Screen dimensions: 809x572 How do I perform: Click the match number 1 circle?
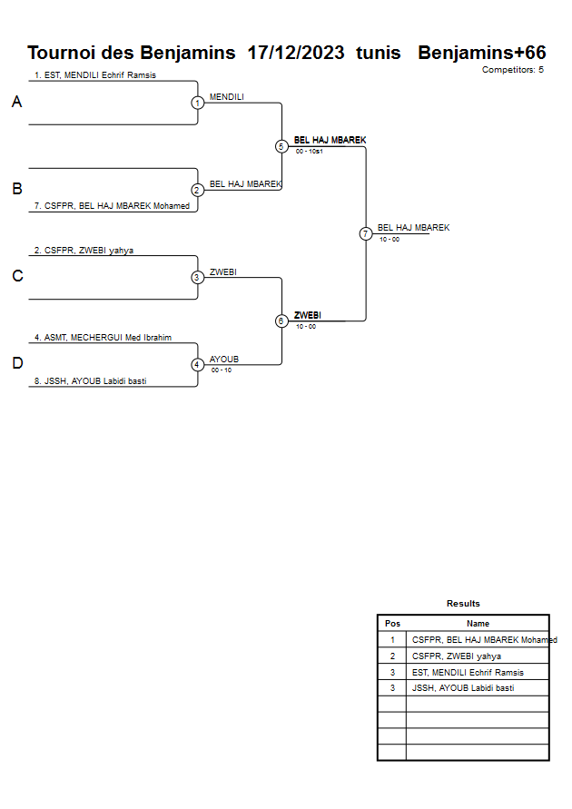pos(197,103)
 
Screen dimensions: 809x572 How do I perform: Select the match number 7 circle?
pos(366,233)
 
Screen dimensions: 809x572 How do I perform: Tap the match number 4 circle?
pos(197,365)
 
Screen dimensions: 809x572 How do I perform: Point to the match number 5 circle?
pos(281,146)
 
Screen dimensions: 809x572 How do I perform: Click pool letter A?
pos(16,103)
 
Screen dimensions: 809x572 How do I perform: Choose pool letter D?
pos(16,364)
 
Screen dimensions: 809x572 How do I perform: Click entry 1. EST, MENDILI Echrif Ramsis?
pos(95,75)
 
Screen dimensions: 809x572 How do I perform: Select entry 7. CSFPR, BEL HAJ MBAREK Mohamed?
pos(112,206)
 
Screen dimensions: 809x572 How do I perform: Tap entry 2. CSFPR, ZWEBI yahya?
pos(84,251)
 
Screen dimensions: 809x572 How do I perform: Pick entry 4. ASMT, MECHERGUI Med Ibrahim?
pos(103,338)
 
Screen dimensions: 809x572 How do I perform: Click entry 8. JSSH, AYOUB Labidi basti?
pos(90,381)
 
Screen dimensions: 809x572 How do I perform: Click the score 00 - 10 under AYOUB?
pos(221,370)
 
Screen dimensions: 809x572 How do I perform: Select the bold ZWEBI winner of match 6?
pos(307,315)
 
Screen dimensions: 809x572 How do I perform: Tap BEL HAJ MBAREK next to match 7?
pos(413,228)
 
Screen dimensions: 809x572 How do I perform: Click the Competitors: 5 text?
pos(512,70)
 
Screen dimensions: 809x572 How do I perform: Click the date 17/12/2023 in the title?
pos(295,53)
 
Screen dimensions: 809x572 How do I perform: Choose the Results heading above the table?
pos(463,604)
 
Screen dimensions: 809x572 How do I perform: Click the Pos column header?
pos(392,624)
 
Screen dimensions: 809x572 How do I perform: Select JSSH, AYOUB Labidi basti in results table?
pos(463,688)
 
